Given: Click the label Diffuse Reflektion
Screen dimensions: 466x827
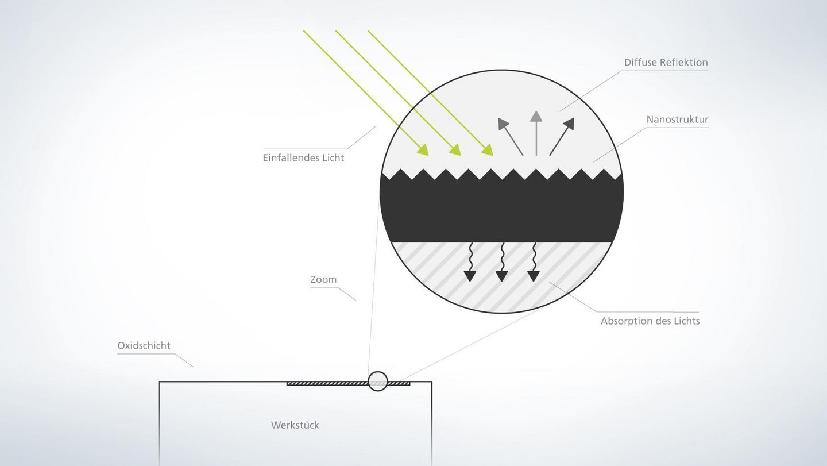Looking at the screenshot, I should (666, 62).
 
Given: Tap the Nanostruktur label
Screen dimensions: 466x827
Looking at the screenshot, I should (677, 120).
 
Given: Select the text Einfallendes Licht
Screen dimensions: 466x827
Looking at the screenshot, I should (303, 157).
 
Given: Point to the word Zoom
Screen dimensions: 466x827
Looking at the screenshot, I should (323, 279).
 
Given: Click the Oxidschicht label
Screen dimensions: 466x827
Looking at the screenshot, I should (144, 345).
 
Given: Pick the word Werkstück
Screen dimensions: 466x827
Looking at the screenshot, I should (295, 425).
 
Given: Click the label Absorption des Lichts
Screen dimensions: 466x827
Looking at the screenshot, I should (650, 321).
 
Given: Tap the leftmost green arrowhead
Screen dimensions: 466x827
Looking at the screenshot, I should (424, 151).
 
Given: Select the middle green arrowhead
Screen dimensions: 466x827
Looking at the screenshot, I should (456, 151).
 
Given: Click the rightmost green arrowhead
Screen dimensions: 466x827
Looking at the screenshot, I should (488, 151).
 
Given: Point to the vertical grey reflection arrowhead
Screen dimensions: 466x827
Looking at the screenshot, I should (536, 116).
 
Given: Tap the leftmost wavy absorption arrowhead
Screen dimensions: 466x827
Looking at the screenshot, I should (470, 276).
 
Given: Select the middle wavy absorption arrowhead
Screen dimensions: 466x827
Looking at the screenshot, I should (501, 276).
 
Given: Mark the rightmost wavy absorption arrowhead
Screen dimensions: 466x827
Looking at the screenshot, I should (534, 276).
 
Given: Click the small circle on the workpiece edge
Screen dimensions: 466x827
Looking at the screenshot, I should (377, 382).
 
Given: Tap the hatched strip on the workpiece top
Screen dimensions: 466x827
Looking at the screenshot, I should (327, 383).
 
